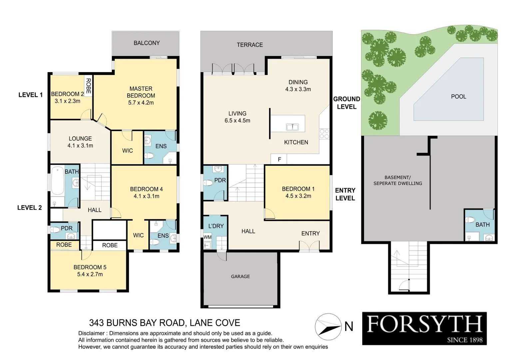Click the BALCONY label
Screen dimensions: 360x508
point(147,43)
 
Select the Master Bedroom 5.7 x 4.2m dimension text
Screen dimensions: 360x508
point(141,103)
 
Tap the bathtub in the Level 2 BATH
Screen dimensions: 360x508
point(58,181)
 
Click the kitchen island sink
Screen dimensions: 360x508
point(292,127)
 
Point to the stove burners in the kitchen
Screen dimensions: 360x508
point(324,134)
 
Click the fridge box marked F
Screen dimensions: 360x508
point(279,159)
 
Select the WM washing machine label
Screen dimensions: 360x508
point(207,237)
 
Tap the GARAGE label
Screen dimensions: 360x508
point(240,276)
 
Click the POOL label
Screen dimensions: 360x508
point(458,96)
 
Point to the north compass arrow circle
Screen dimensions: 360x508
point(328,327)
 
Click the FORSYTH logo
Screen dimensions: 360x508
point(424,328)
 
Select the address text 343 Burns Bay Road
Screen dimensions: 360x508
point(165,323)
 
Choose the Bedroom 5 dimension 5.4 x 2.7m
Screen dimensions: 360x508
point(90,274)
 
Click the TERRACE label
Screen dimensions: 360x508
point(250,45)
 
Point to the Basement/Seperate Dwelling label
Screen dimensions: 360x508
point(397,180)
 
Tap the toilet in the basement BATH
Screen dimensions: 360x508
point(470,220)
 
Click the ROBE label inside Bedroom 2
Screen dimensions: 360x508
point(88,86)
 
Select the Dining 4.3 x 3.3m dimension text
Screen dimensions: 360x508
point(298,89)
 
